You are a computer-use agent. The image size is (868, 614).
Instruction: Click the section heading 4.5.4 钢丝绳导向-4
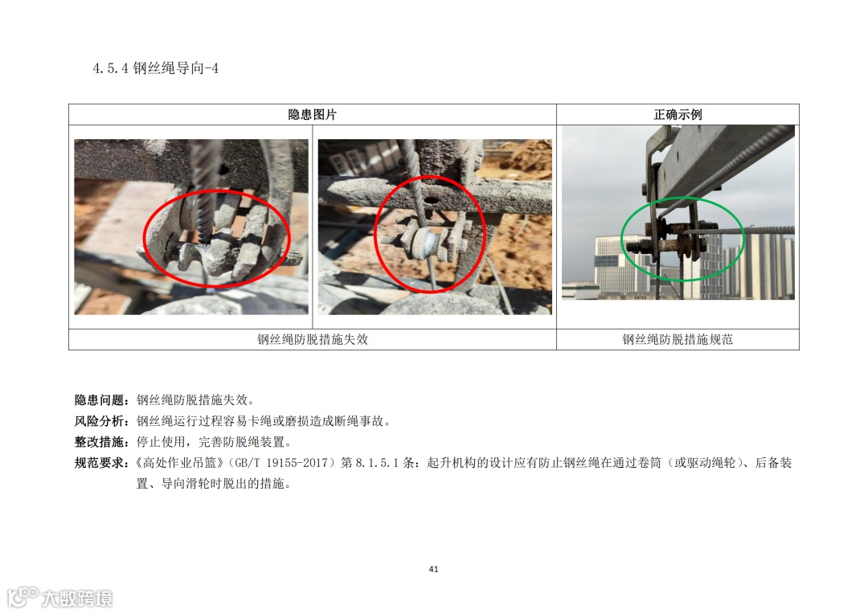(156, 68)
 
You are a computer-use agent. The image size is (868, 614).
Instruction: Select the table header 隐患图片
(312, 115)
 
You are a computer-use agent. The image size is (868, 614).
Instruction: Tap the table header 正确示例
(678, 115)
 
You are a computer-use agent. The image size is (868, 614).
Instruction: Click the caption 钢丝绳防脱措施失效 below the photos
(312, 339)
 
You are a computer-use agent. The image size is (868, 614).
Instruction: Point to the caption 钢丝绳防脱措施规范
(678, 339)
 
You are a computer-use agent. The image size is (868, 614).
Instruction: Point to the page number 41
(433, 569)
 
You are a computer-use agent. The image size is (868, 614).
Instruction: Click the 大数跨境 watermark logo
(59, 597)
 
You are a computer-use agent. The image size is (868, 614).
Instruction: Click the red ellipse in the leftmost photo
(145, 238)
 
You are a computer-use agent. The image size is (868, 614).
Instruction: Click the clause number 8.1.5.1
(377, 463)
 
